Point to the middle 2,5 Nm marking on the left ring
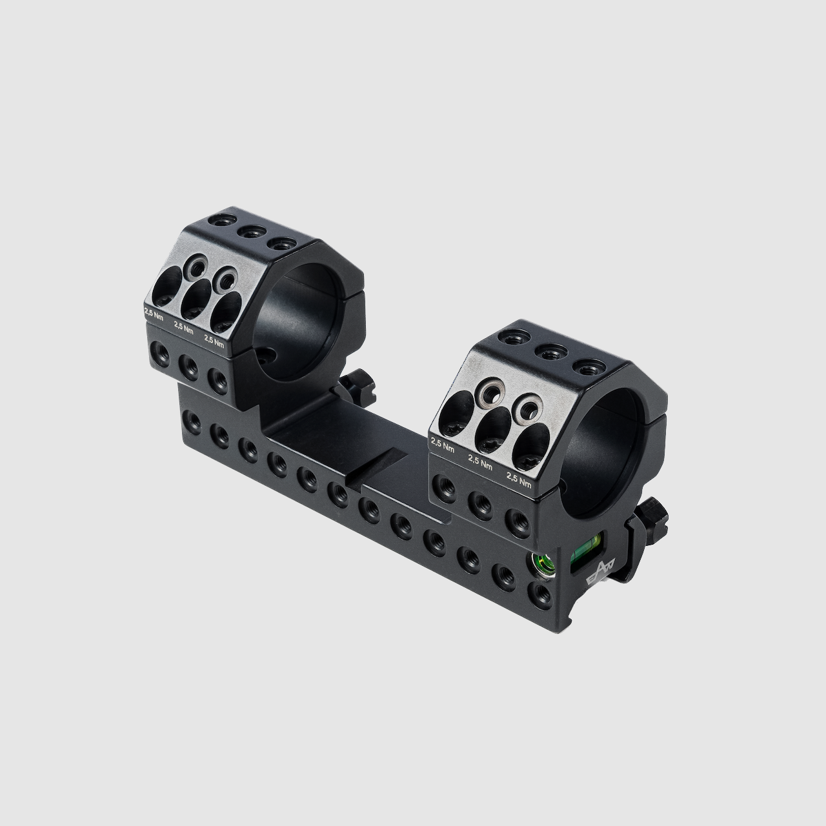point(183,328)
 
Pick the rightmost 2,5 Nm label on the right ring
point(519,479)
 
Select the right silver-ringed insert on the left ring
point(227,279)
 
